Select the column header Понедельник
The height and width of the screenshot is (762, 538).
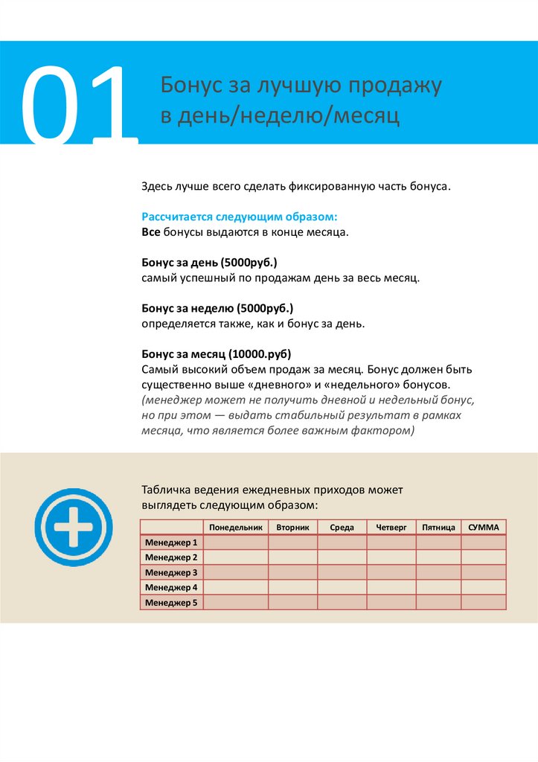pyautogui.click(x=236, y=527)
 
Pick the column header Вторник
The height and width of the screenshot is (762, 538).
pyautogui.click(x=292, y=527)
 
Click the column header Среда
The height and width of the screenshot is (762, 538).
pyautogui.click(x=342, y=527)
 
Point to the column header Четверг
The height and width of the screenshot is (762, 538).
pyautogui.click(x=391, y=527)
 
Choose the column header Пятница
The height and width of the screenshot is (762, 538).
pyautogui.click(x=438, y=527)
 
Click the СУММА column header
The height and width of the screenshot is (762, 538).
pyautogui.click(x=484, y=527)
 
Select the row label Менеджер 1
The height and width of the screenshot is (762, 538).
pyautogui.click(x=171, y=542)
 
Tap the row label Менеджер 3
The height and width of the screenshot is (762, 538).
pyautogui.click(x=171, y=572)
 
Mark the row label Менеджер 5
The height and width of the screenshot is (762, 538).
pyautogui.click(x=171, y=603)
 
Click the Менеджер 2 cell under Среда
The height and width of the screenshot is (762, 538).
pyautogui.click(x=342, y=557)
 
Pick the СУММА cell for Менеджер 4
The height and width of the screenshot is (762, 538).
pyautogui.click(x=484, y=587)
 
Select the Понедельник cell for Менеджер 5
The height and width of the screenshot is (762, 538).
pyautogui.click(x=236, y=603)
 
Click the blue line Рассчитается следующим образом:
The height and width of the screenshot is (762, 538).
pyautogui.click(x=240, y=217)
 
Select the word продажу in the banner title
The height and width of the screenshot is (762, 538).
pyautogui.click(x=400, y=86)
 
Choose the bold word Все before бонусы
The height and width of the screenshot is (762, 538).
pyautogui.click(x=151, y=232)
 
